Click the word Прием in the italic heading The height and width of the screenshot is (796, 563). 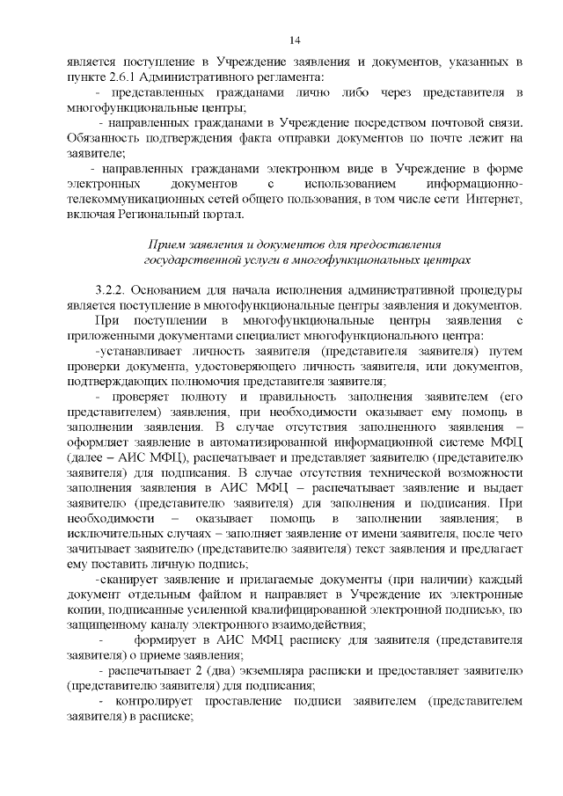pos(166,244)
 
